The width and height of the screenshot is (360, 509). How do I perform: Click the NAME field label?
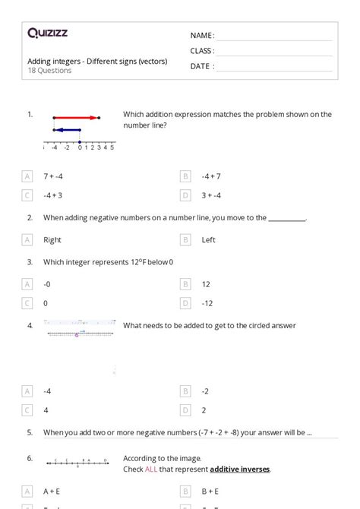(202, 36)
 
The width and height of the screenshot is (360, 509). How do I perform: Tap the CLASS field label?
(202, 51)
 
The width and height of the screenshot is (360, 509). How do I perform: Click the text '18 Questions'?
(49, 71)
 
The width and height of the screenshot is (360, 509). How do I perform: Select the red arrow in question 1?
(76, 118)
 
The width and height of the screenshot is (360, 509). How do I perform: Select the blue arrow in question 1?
(67, 130)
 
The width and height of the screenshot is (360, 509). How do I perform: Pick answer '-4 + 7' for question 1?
(211, 176)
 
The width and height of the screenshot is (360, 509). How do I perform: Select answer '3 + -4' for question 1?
(211, 195)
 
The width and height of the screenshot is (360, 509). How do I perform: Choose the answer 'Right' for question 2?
(52, 240)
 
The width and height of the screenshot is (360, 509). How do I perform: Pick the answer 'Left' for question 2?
(208, 240)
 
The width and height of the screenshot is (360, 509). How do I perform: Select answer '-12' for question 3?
(207, 302)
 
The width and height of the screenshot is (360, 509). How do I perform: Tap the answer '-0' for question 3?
(48, 283)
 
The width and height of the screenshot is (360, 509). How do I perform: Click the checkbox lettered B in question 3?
(185, 283)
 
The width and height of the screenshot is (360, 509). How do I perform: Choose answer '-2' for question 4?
(205, 391)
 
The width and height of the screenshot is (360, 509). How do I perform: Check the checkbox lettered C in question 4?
(27, 410)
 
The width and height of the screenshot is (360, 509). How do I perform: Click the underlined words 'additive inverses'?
(239, 469)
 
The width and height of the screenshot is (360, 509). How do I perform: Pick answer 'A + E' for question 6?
(52, 491)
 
